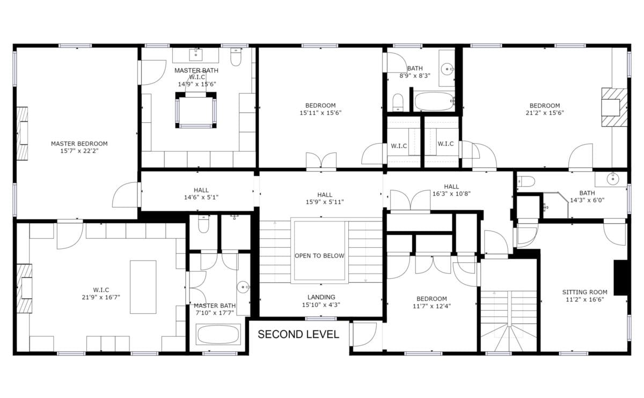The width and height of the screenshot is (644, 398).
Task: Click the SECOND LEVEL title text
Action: click(x=298, y=334)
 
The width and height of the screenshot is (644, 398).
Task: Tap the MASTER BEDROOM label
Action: click(x=79, y=144)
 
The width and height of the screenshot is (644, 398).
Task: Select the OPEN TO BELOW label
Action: click(x=319, y=255)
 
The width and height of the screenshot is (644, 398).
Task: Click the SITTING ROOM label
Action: click(x=585, y=292)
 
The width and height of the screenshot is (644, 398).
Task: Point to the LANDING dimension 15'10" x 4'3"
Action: click(x=321, y=305)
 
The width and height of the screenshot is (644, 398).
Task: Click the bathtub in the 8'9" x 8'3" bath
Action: click(x=434, y=101)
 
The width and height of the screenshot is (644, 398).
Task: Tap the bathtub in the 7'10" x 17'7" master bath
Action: click(x=218, y=335)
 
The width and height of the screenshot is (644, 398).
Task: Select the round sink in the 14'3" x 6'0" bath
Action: click(x=613, y=179)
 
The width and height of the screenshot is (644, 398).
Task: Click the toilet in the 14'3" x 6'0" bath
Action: click(x=526, y=182)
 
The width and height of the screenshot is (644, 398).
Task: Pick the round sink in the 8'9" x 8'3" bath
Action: click(x=448, y=69)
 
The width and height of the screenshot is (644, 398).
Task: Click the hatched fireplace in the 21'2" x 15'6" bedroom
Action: click(x=614, y=107)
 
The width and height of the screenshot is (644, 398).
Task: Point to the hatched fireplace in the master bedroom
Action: click(x=22, y=134)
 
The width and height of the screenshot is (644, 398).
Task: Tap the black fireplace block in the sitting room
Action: click(x=621, y=278)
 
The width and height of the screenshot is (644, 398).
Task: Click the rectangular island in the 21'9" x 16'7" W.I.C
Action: click(x=143, y=287)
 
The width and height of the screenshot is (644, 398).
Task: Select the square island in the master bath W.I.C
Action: click(x=196, y=110)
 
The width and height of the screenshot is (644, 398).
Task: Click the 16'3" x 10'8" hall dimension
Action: click(x=451, y=194)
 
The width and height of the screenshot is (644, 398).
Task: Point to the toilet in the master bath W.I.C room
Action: click(x=236, y=57)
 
